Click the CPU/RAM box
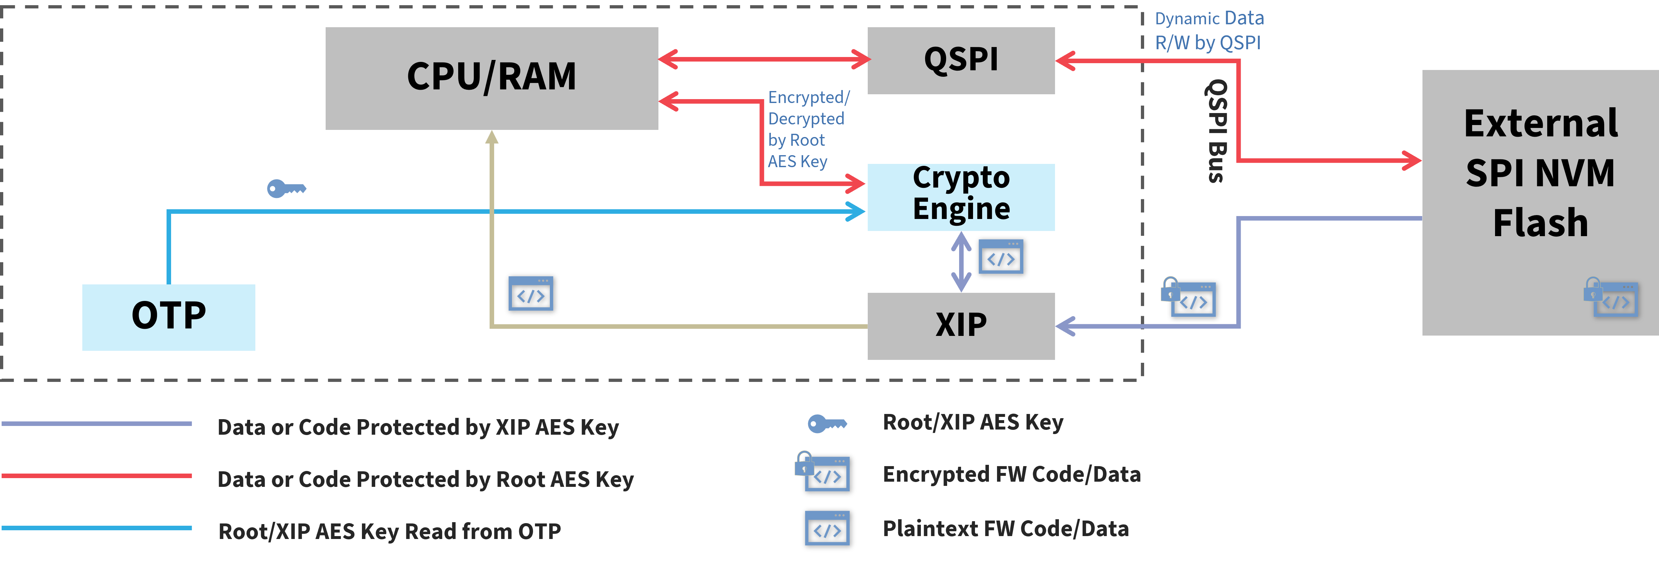tap(492, 78)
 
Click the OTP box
tap(169, 317)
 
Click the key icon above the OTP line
tap(286, 189)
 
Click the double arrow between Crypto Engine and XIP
tap(961, 261)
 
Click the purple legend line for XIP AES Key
tap(97, 424)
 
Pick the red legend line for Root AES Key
tap(97, 476)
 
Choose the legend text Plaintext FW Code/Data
tap(1005, 529)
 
